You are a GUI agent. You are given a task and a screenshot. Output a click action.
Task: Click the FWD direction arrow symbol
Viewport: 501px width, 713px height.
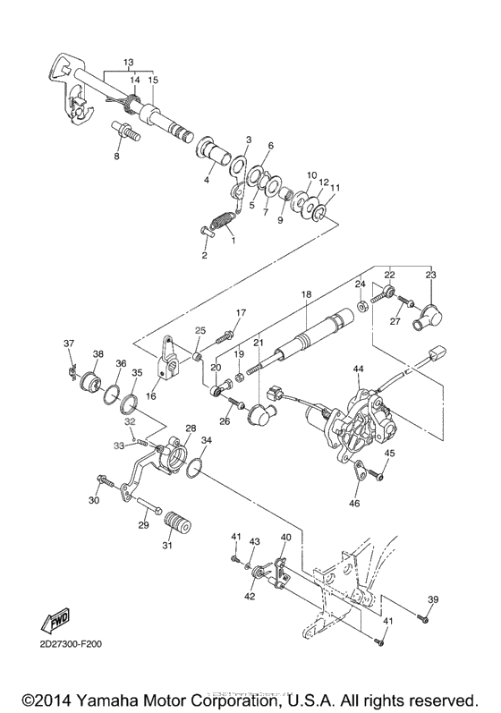coord(58,617)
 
